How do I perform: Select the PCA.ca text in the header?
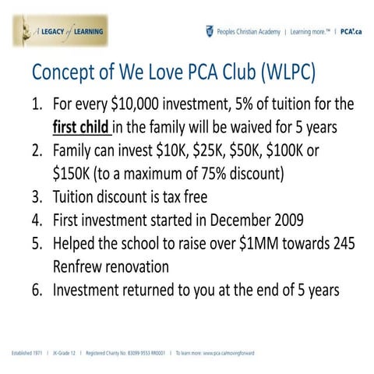[x=349, y=32]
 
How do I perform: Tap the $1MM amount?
[x=249, y=244]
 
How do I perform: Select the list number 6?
[x=37, y=291]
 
